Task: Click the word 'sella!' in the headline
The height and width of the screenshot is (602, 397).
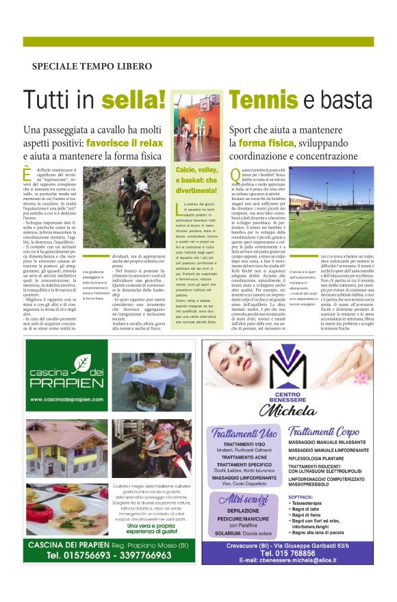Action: [x=133, y=99]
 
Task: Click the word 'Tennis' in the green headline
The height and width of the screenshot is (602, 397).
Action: [x=263, y=99]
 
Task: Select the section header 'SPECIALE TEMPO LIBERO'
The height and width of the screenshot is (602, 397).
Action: [x=92, y=66]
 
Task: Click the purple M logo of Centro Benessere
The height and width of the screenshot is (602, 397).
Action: [x=298, y=371]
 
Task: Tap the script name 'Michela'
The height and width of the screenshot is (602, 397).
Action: [x=298, y=410]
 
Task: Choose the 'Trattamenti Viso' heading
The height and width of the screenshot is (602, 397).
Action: [x=244, y=432]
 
